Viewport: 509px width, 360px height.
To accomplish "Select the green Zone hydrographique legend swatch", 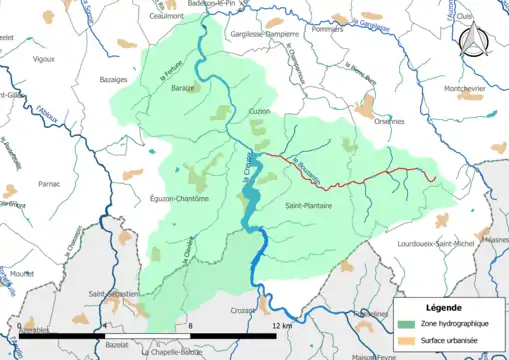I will click(x=407, y=325).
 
